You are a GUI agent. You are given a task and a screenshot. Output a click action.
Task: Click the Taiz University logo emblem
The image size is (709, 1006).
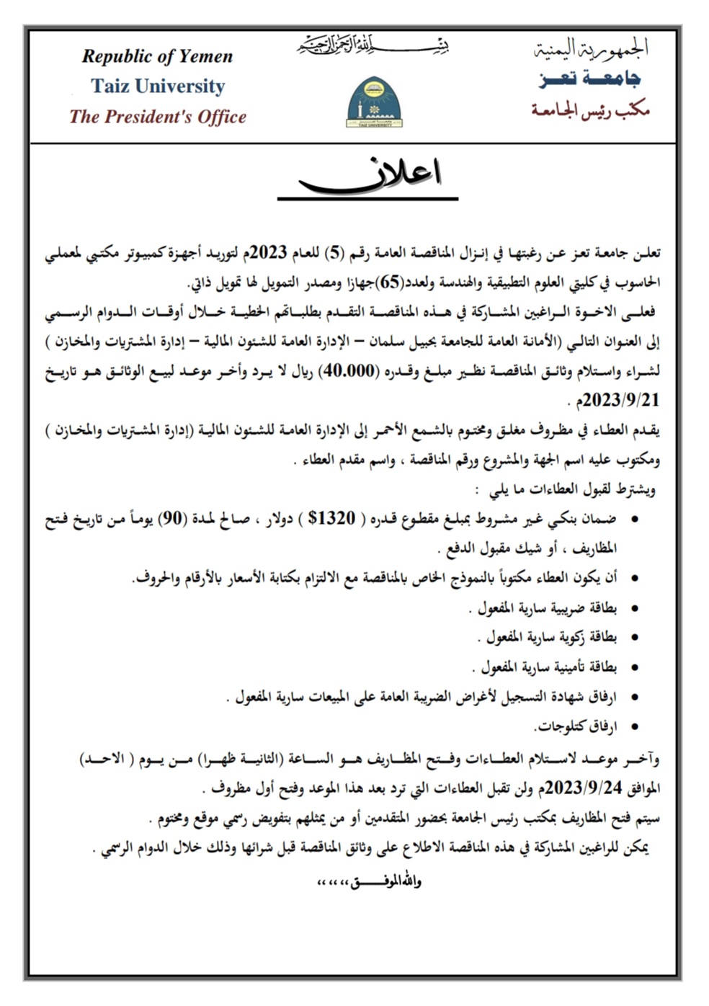point(374,102)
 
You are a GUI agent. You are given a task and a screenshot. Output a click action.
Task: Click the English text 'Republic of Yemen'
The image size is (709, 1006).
point(157,56)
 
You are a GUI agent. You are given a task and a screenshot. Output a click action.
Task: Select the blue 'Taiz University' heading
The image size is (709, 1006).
point(158,86)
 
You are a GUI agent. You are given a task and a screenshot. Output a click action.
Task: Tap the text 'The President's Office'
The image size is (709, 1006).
point(158,117)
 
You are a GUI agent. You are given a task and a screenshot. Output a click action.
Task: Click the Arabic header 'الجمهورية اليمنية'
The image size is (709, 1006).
point(591,48)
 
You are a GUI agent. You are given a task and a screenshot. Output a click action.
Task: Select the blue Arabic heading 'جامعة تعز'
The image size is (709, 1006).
point(589,79)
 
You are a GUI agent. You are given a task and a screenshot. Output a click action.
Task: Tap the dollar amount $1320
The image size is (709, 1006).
point(331,518)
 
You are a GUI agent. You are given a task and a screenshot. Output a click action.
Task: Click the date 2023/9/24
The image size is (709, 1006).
point(582,788)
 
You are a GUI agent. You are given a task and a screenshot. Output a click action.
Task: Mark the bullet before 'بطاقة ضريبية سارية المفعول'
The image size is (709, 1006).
point(634,608)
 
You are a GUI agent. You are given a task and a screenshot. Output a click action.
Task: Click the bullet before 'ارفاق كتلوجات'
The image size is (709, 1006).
point(634,727)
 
